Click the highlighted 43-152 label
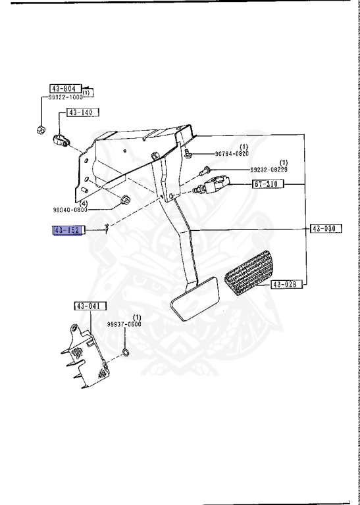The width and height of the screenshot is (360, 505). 66,230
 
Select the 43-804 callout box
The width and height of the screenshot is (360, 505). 66,88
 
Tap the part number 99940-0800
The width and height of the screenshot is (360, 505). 88,210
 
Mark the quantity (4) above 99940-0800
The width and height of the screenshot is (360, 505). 84,203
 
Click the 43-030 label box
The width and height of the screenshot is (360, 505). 324,229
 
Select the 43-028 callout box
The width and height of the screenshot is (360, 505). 286,284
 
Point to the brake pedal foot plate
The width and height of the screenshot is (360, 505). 196,299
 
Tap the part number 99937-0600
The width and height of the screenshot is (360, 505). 125,324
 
